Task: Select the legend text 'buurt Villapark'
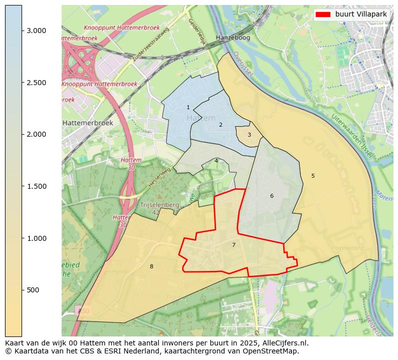tap(361, 15)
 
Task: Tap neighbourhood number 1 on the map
tap(188, 108)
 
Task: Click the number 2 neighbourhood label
tap(221, 125)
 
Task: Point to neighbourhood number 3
tap(249, 135)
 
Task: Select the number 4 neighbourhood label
tap(216, 161)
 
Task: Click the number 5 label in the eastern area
tap(313, 176)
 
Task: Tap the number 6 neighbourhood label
tap(272, 196)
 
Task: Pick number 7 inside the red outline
tap(234, 245)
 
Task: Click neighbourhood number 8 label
tap(151, 266)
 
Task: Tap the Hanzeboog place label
tap(233, 38)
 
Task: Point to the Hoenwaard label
tap(347, 248)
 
